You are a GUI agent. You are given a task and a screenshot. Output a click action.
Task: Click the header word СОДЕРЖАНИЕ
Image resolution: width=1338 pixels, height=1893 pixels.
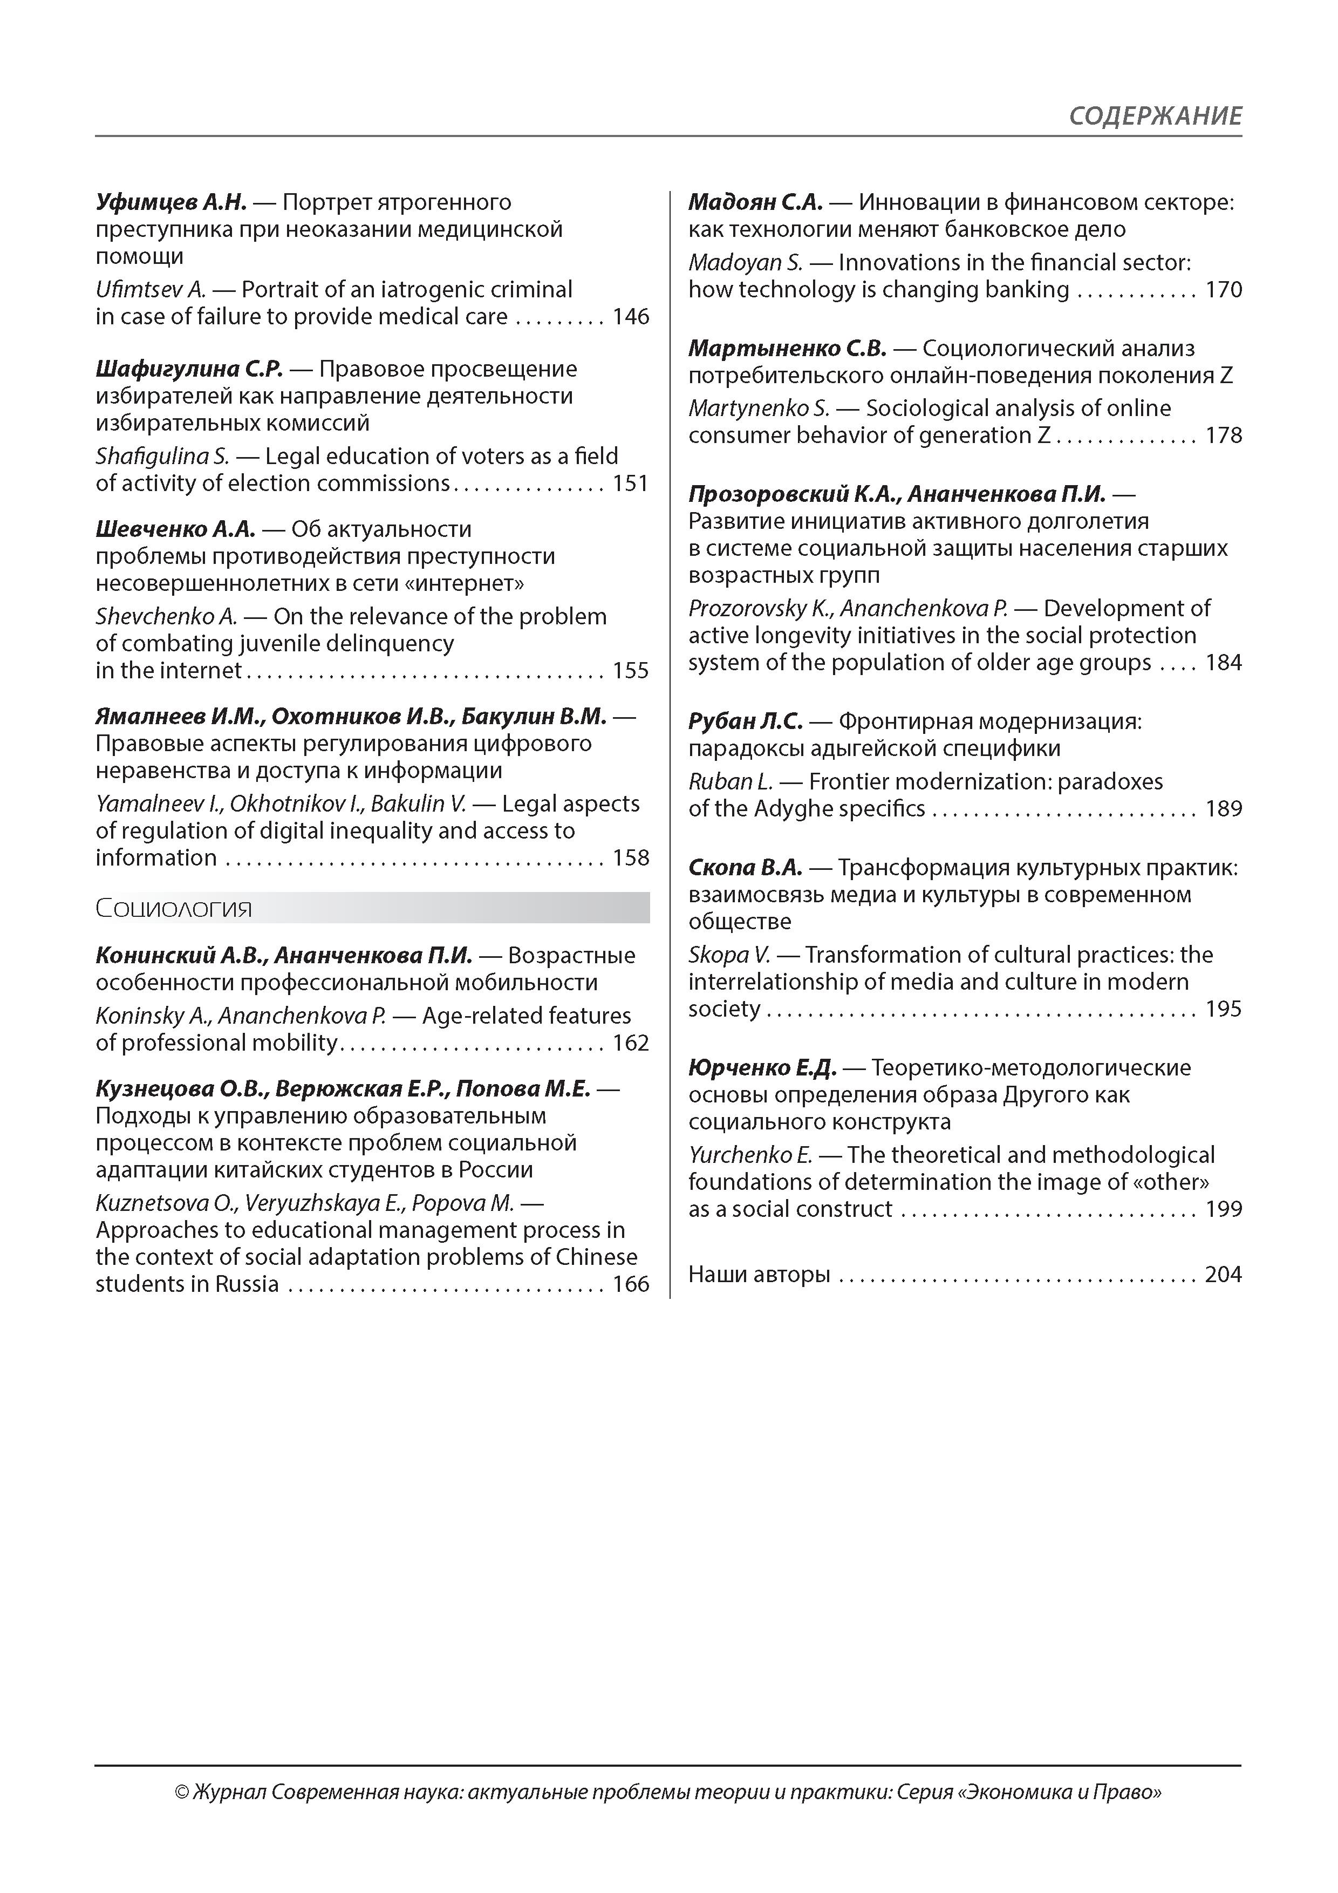[1155, 116]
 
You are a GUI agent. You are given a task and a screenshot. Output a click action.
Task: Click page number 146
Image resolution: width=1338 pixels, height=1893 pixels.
[631, 317]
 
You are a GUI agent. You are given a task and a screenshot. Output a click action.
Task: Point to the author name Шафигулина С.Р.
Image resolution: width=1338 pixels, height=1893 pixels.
[189, 369]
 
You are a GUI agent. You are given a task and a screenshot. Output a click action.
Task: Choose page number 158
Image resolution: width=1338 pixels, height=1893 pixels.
[631, 859]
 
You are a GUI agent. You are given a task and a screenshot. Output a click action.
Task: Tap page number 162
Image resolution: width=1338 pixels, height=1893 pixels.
[631, 1044]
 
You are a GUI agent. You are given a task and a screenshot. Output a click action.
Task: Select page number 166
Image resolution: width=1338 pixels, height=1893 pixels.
[631, 1284]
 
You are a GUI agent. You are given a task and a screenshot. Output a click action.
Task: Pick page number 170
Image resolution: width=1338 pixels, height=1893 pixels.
[1224, 290]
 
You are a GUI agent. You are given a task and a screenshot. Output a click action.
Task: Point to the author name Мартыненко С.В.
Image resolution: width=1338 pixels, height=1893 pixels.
[787, 349]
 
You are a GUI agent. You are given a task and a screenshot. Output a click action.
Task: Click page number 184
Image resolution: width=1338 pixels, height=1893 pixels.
[1224, 663]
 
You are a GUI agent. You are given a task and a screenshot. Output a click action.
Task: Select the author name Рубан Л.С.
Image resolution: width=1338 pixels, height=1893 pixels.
[745, 722]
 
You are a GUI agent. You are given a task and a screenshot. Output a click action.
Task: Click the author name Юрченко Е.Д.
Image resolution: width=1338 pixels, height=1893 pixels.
[762, 1068]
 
